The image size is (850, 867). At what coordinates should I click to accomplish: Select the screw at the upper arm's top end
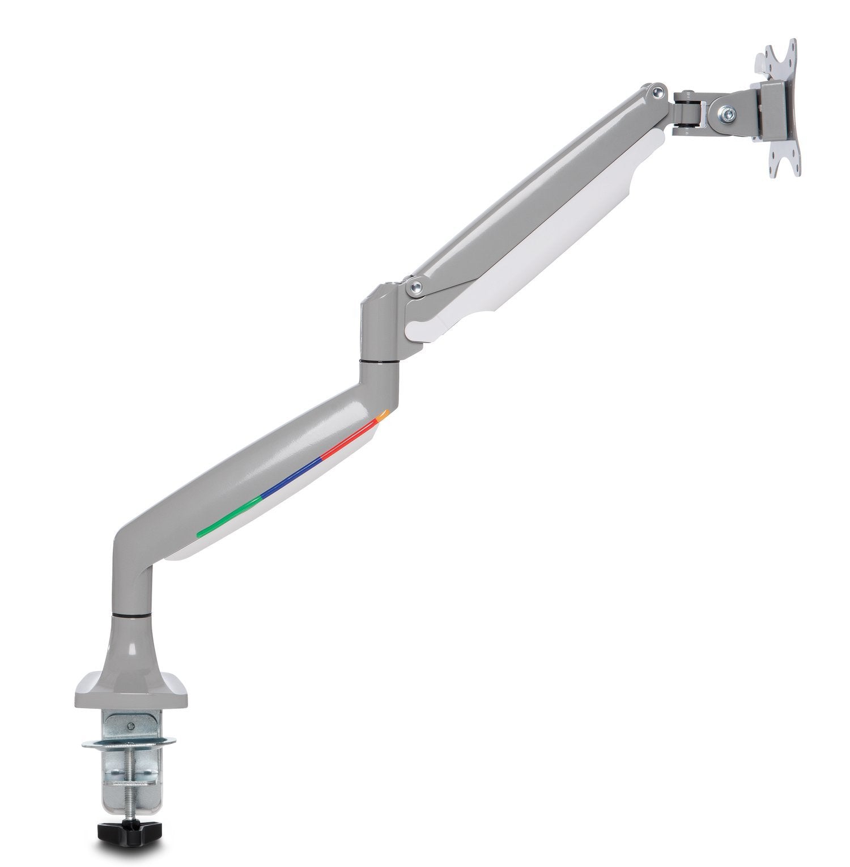657,89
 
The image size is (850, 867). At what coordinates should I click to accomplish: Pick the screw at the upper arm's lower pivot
416,286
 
